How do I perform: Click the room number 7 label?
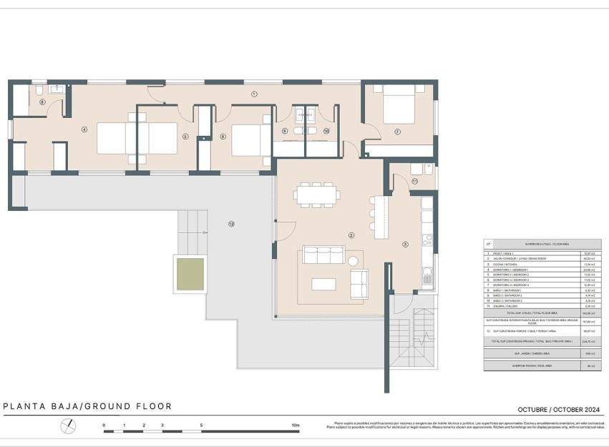pyautogui.click(x=397, y=132)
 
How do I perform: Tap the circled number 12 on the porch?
pyautogui.click(x=230, y=224)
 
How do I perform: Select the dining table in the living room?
pyautogui.click(x=316, y=195)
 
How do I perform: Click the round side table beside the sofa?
pyautogui.click(x=352, y=260)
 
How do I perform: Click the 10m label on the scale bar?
pyautogui.click(x=296, y=426)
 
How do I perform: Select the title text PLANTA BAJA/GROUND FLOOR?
pyautogui.click(x=88, y=406)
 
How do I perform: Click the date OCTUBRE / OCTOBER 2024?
pyautogui.click(x=558, y=409)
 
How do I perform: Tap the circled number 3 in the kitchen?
pyautogui.click(x=405, y=245)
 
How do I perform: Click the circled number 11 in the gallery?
pyautogui.click(x=414, y=182)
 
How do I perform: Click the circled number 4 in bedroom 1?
pyautogui.click(x=84, y=129)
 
